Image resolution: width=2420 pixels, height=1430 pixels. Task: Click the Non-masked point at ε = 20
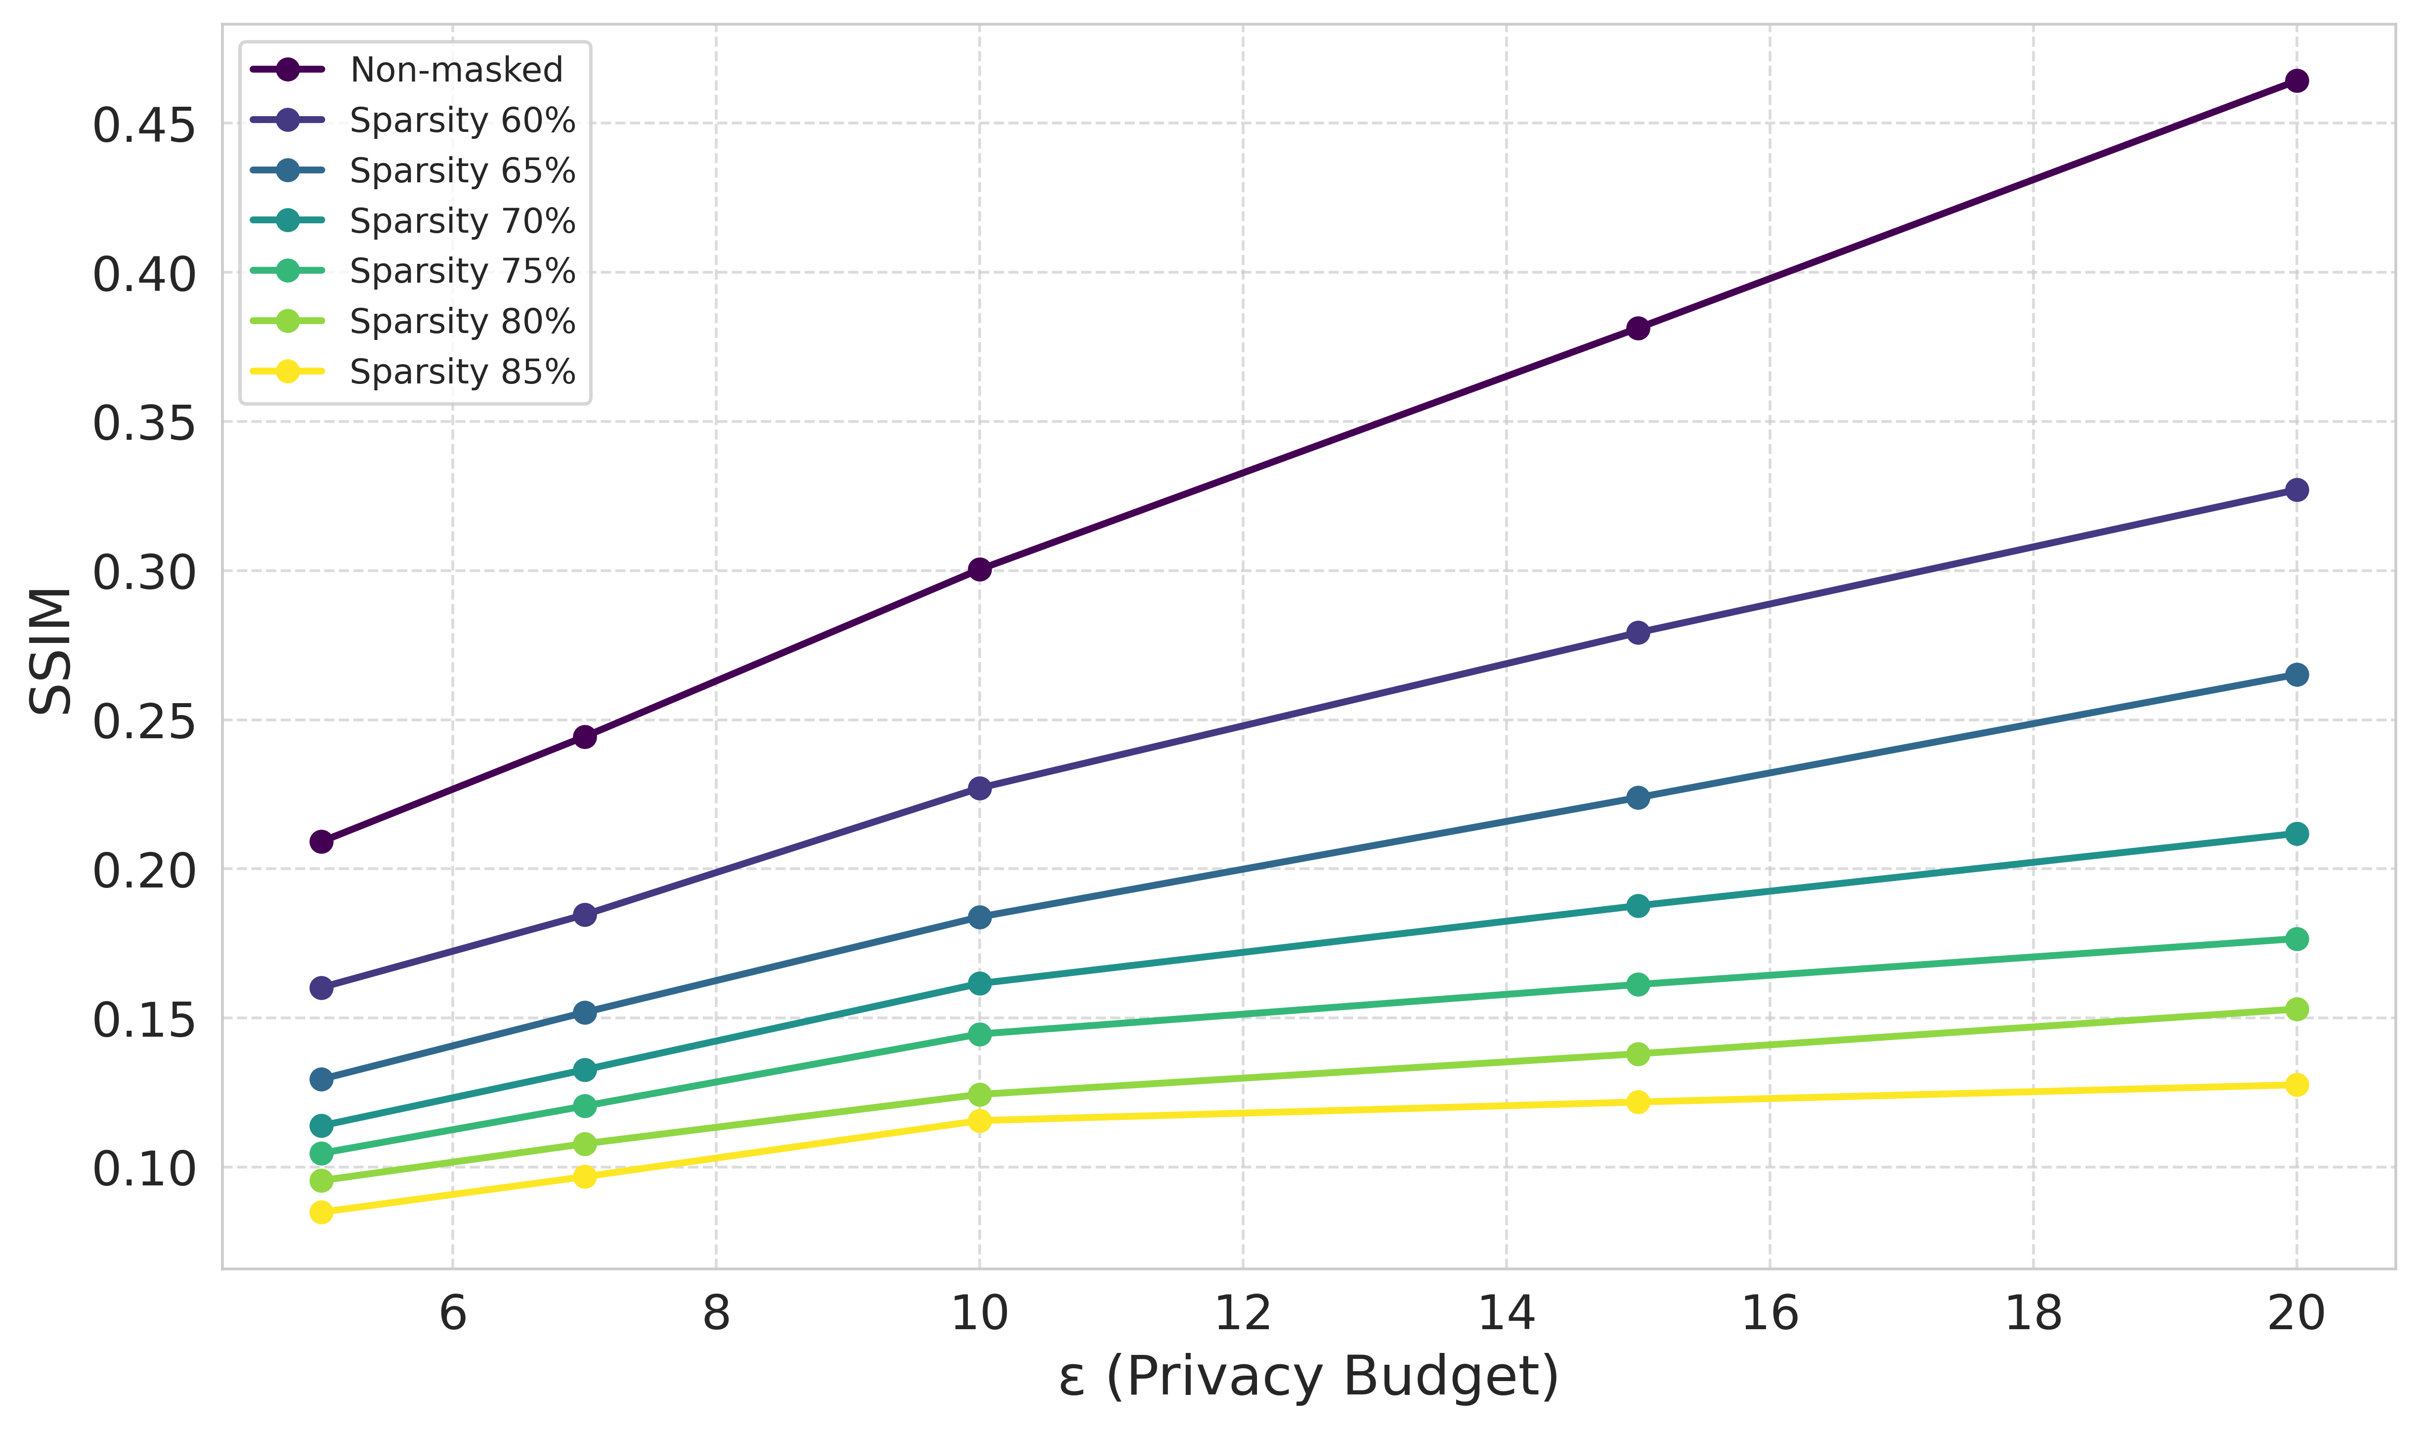2296,81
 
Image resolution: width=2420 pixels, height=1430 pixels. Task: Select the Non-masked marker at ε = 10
979,570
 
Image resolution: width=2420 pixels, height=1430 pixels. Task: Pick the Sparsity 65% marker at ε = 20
2296,674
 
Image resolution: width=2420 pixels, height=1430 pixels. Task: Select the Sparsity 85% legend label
463,372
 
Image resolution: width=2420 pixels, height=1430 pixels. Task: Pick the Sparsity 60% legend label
463,121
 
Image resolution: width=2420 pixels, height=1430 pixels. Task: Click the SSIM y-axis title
50,651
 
